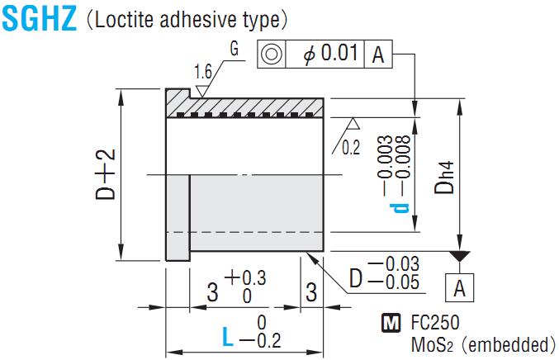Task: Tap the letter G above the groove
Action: click(234, 49)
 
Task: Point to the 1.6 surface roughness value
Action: click(202, 72)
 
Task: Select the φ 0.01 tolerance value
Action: click(330, 54)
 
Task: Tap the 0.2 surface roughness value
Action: click(351, 147)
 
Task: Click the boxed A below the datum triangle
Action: click(458, 288)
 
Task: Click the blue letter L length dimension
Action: click(229, 335)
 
